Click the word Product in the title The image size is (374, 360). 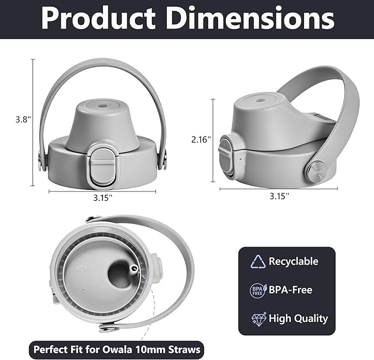(x=98, y=19)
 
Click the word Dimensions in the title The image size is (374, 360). (x=250, y=18)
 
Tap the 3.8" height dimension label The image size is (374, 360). (x=23, y=119)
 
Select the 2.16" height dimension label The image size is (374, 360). (x=201, y=139)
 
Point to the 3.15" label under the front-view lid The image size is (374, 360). (x=102, y=198)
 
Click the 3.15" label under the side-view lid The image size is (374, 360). (x=279, y=196)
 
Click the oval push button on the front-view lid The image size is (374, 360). (x=104, y=164)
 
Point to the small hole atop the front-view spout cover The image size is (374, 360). (x=102, y=105)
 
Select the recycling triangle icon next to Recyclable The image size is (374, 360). (x=258, y=261)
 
